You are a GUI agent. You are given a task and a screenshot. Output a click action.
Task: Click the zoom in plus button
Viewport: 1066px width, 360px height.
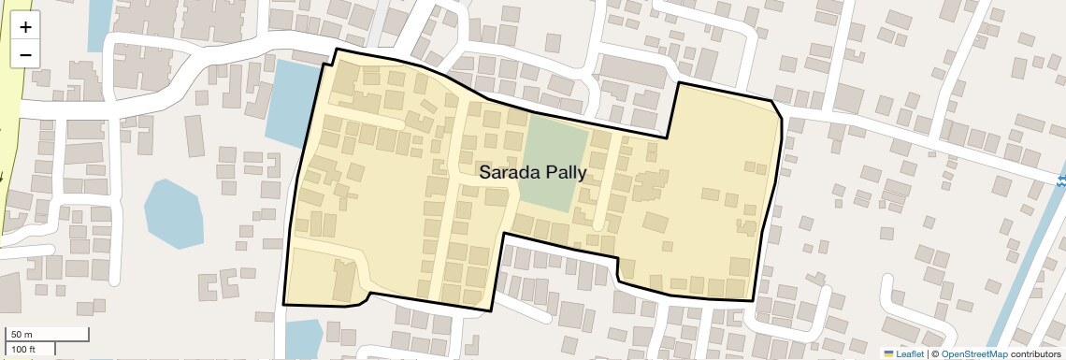click(x=25, y=27)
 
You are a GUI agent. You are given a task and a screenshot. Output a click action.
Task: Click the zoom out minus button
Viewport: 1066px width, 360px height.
click(x=25, y=54)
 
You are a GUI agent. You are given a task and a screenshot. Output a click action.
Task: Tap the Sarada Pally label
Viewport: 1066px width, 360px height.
click(x=532, y=172)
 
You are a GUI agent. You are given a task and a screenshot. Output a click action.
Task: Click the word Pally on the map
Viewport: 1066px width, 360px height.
click(x=562, y=172)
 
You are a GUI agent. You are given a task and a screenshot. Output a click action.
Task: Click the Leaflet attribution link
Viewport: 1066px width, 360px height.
click(x=909, y=354)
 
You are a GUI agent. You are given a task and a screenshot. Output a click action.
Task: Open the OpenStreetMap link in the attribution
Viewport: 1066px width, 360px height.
click(x=973, y=354)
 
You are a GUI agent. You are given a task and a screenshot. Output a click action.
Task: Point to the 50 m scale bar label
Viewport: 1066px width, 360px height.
click(x=21, y=334)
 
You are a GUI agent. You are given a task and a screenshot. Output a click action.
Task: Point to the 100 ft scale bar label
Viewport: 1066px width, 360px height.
click(x=23, y=349)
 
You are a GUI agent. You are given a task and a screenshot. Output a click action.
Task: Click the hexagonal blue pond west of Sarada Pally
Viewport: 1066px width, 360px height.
click(x=174, y=213)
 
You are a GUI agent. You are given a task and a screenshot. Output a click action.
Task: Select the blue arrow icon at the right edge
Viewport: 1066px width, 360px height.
click(x=1059, y=180)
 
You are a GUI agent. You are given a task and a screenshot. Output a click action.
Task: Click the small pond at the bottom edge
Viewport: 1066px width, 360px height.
click(x=303, y=338)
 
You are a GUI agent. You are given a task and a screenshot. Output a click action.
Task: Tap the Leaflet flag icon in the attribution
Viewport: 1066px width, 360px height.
click(x=889, y=354)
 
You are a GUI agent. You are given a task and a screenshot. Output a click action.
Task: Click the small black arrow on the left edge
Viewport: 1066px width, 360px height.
click(x=2, y=175)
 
